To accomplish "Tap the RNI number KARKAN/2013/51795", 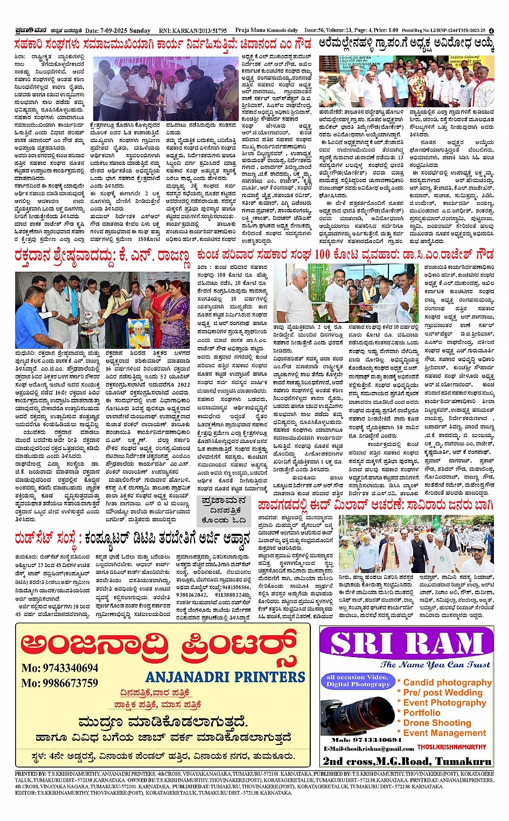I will pos(191,31).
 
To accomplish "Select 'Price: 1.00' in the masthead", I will pos(386,31).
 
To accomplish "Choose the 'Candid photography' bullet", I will pos(447,682).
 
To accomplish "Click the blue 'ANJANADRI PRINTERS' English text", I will pos(225,677).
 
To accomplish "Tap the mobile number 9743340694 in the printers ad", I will pos(60,668).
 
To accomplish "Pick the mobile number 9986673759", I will pos(60,683).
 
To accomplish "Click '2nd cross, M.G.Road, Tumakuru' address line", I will pos(407,761).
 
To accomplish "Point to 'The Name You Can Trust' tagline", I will pos(435,665).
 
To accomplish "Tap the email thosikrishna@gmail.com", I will pos(368,749).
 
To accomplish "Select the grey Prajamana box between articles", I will pos(223,510).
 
